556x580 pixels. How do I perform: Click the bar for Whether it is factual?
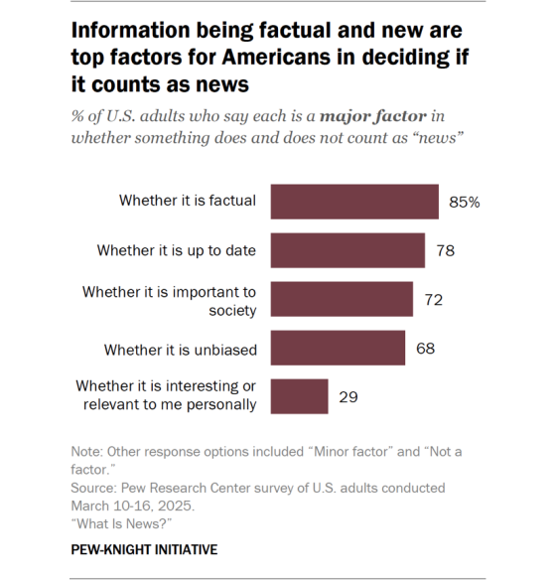[x=354, y=202]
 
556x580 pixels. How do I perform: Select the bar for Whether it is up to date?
[x=347, y=250]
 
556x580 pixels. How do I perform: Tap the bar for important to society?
[x=342, y=299]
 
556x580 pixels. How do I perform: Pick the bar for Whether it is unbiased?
[x=338, y=348]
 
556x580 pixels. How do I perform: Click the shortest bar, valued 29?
[x=299, y=396]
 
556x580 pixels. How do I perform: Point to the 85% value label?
[x=464, y=202]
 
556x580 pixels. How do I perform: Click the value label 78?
[x=445, y=250]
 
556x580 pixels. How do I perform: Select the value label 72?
[x=433, y=299]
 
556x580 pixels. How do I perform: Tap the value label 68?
[x=426, y=348]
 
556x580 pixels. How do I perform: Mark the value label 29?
[x=348, y=396]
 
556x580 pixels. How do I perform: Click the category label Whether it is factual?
[x=188, y=201]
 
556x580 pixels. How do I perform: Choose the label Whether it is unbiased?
[x=181, y=349]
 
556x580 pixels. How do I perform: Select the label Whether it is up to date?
[x=177, y=250]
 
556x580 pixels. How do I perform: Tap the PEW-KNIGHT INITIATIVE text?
[x=144, y=549]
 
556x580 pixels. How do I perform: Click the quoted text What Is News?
[x=116, y=522]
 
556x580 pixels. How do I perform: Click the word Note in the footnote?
[x=87, y=452]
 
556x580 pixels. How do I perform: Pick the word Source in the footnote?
[x=96, y=488]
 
